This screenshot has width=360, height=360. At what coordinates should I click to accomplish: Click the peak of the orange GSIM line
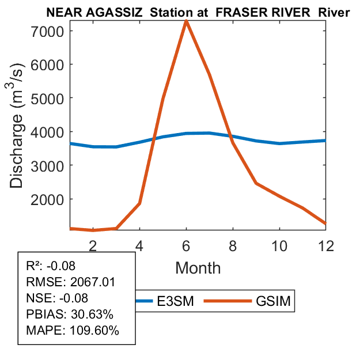click(x=186, y=22)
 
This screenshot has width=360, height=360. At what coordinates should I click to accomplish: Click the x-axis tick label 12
click(x=326, y=245)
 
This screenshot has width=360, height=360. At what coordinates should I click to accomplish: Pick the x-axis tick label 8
click(x=233, y=245)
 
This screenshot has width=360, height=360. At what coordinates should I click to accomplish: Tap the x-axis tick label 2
click(x=93, y=245)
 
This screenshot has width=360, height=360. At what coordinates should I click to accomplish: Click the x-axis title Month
click(x=198, y=267)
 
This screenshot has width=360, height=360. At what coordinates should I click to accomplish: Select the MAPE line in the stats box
click(x=73, y=331)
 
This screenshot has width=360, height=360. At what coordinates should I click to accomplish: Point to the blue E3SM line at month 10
click(x=279, y=143)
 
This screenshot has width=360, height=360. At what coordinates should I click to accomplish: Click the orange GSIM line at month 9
click(x=256, y=183)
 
